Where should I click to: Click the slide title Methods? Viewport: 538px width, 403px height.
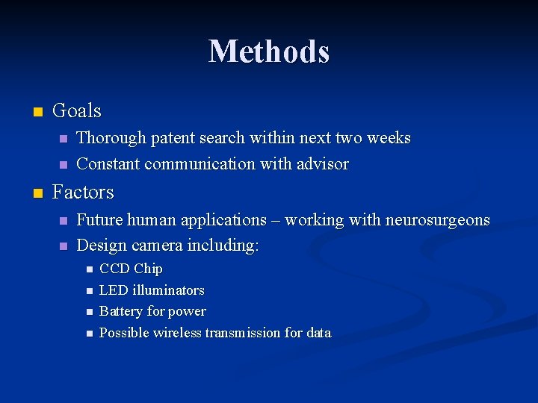(x=269, y=51)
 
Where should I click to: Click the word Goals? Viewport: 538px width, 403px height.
(x=77, y=111)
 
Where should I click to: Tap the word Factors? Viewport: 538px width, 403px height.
(x=83, y=193)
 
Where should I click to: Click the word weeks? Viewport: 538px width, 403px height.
(x=389, y=138)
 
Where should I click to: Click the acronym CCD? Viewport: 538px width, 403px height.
(x=114, y=269)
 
